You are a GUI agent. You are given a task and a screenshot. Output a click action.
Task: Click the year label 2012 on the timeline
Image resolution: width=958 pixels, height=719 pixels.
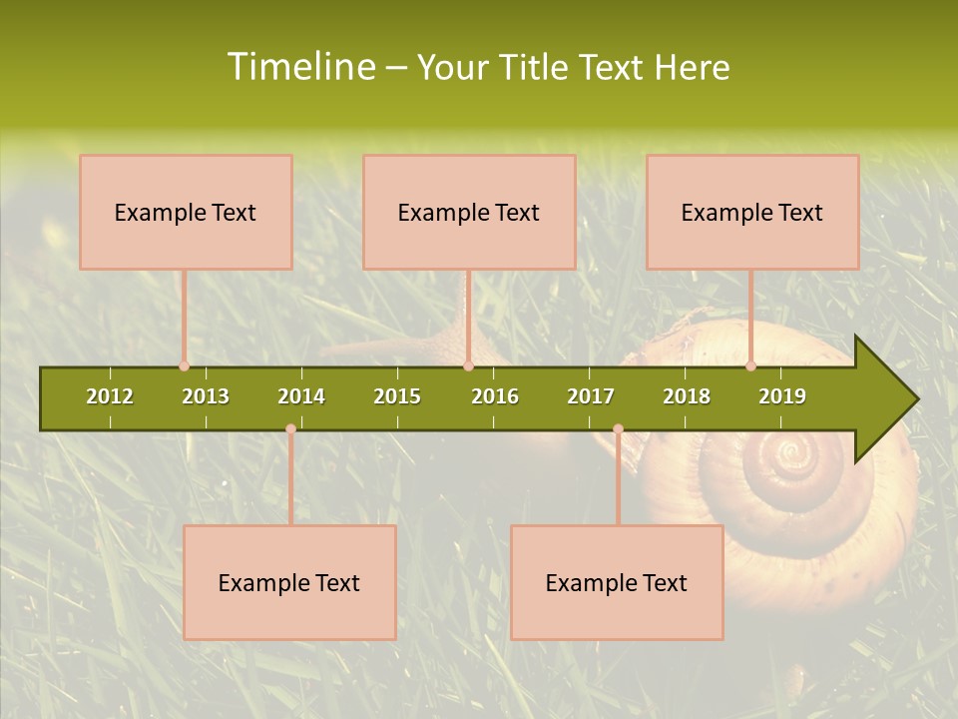click(x=110, y=396)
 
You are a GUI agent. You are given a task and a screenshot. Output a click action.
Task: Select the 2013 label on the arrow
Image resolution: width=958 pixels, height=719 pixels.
click(x=206, y=396)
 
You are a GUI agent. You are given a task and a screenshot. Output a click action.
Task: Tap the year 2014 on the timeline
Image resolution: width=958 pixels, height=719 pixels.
click(x=301, y=396)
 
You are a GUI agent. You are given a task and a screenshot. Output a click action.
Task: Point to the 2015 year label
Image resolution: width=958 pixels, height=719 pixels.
click(x=397, y=396)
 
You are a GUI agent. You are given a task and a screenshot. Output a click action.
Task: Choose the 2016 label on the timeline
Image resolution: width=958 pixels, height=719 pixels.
click(x=495, y=396)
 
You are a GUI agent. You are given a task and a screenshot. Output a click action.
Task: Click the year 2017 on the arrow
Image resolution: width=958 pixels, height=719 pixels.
click(x=591, y=396)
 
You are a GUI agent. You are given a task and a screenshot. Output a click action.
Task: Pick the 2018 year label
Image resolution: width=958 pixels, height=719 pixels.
click(x=687, y=396)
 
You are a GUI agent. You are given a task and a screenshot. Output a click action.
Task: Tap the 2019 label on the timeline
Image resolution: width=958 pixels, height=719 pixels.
click(x=782, y=396)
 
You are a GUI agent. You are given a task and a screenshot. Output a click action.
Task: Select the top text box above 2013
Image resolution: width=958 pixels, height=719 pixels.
click(x=186, y=212)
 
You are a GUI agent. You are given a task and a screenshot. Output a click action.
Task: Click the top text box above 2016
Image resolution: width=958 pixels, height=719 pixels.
click(x=469, y=212)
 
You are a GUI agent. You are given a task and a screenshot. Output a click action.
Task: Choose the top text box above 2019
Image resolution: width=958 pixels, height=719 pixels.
click(x=752, y=212)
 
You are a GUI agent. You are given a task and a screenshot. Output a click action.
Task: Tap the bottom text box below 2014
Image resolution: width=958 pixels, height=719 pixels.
click(x=289, y=582)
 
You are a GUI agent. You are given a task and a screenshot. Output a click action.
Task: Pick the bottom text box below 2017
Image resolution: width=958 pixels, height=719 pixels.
click(x=617, y=582)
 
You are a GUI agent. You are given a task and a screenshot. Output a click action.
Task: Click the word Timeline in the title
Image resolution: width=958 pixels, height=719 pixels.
click(x=298, y=67)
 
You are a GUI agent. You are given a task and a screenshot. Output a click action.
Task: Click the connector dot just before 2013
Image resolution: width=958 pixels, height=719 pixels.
click(x=184, y=365)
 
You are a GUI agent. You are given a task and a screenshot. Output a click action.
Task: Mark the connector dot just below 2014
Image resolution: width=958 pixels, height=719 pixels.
click(x=290, y=429)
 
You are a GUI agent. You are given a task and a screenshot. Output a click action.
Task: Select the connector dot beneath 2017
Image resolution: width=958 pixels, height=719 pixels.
click(x=618, y=429)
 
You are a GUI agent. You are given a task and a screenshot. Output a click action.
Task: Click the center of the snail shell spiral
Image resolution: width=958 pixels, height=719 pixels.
click(x=794, y=460)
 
